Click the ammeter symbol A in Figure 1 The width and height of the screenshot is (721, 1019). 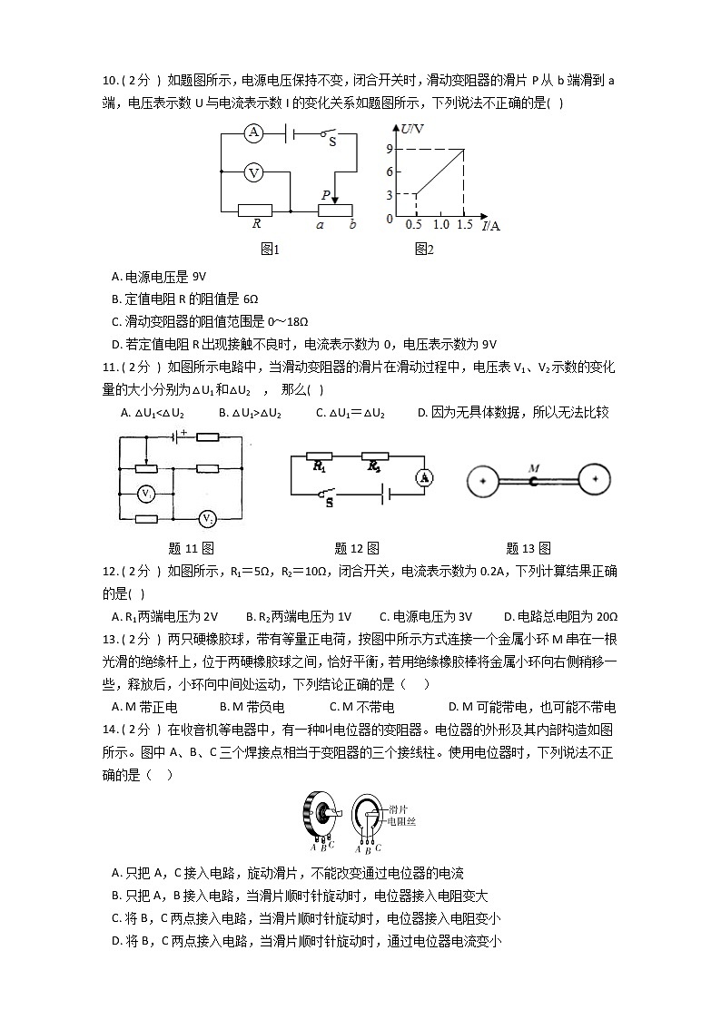[254, 134]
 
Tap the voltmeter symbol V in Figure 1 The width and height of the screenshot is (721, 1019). [254, 171]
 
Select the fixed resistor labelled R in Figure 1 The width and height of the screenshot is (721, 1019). [255, 210]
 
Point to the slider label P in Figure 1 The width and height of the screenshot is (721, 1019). [325, 194]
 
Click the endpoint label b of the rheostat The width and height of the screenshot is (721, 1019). [352, 225]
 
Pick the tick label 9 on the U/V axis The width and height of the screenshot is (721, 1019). [388, 149]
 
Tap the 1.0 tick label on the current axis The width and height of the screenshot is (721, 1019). [440, 224]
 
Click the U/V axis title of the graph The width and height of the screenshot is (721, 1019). [411, 130]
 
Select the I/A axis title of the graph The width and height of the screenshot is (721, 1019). [490, 225]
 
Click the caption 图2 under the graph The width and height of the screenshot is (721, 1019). [423, 250]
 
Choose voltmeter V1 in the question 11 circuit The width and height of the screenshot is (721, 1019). [144, 493]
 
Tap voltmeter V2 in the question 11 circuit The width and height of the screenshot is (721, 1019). [208, 519]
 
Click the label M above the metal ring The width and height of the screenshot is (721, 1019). [534, 468]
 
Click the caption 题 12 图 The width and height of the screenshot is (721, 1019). [357, 548]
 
